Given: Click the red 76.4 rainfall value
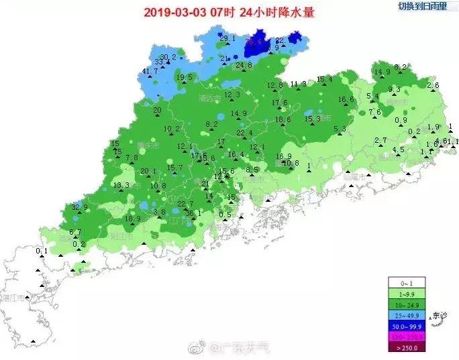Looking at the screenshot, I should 254,42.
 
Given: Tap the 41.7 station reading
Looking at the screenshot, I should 151,72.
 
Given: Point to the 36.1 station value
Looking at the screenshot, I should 193,213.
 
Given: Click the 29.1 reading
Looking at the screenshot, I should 227,38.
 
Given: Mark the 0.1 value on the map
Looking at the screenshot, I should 42,251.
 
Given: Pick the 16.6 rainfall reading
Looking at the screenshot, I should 346,100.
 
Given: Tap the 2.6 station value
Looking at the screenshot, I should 433,85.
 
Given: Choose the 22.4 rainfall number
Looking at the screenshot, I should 245,133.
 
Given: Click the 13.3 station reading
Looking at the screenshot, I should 121,185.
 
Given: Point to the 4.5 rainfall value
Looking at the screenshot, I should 398,149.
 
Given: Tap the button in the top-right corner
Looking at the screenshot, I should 421,6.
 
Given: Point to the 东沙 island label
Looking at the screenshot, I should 440,315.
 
